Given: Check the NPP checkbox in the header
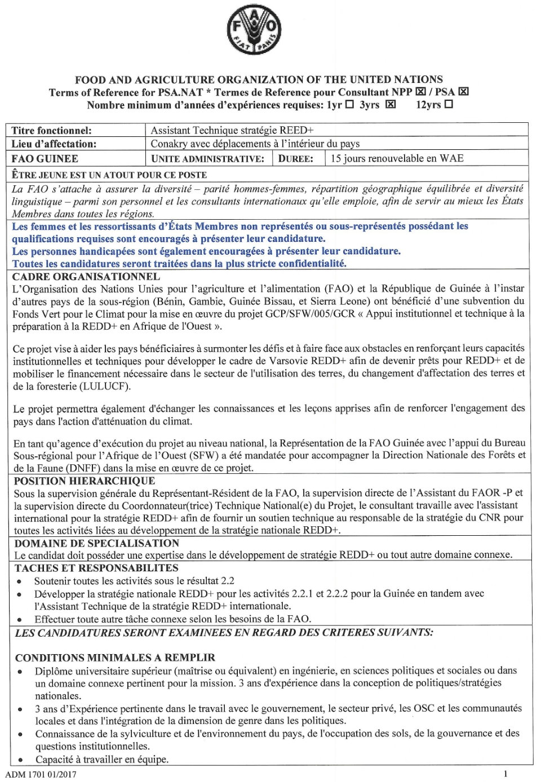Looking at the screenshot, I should [420, 92].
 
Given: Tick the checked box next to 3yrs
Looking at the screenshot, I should [390, 105].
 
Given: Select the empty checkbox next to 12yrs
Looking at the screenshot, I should [449, 105].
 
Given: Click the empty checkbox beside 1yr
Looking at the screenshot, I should [349, 105].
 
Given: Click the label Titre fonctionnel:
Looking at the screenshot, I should [51, 131].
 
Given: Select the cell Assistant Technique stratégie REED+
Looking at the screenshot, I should [232, 131].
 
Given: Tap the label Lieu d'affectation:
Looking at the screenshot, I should [54, 144].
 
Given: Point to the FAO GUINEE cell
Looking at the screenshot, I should [45, 159].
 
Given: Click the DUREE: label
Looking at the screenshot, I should [295, 159].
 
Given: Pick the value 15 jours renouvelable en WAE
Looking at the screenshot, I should [397, 158].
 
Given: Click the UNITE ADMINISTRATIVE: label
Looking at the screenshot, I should [207, 159].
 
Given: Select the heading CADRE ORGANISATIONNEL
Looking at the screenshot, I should [86, 277].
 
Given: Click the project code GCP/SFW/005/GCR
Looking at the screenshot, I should [320, 314].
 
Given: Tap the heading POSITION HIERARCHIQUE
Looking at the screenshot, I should [85, 481].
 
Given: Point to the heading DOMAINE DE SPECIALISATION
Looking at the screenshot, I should [96, 544].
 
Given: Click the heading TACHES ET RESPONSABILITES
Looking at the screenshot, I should [96, 568].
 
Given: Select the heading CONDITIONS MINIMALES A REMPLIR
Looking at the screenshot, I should [115, 657].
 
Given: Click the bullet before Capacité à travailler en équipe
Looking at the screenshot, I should [20, 760].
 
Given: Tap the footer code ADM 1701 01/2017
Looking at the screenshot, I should [41, 774].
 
